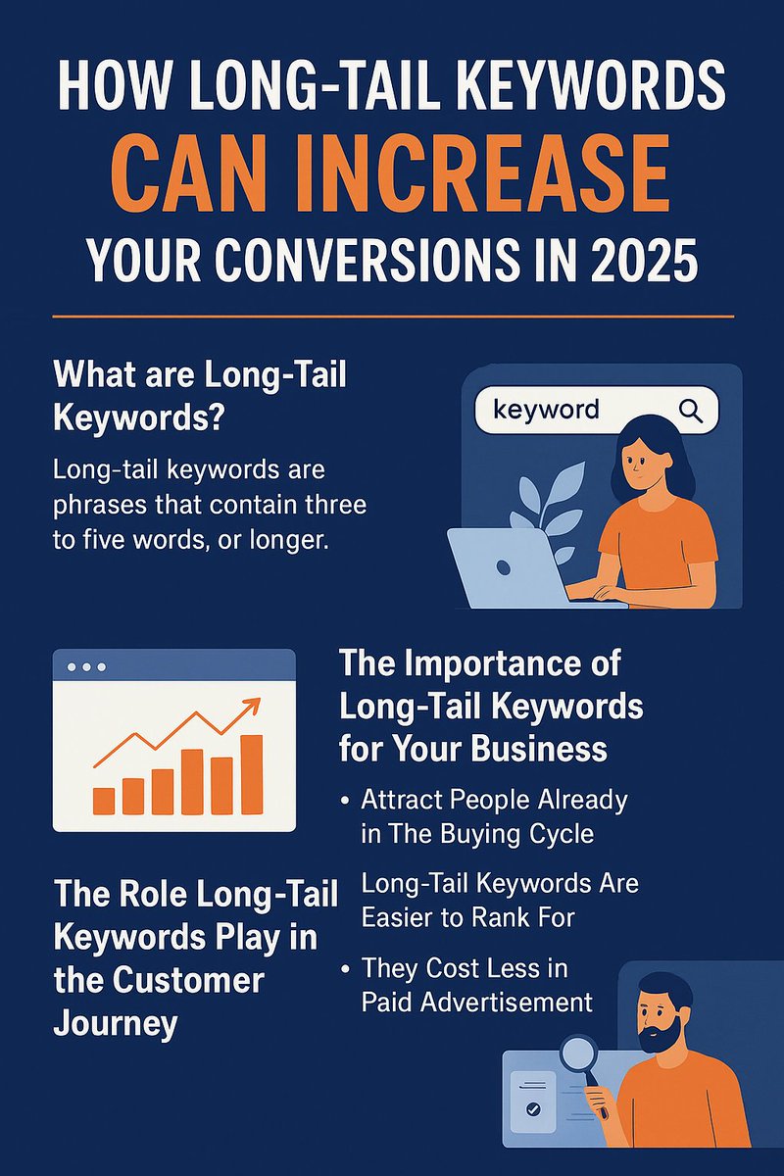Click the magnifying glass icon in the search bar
[691, 411]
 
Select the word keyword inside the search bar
[546, 409]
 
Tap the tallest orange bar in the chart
[252, 774]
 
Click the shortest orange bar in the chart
[103, 800]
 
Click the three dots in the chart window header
[85, 666]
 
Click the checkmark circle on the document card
[533, 1111]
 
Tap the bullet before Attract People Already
[346, 801]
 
